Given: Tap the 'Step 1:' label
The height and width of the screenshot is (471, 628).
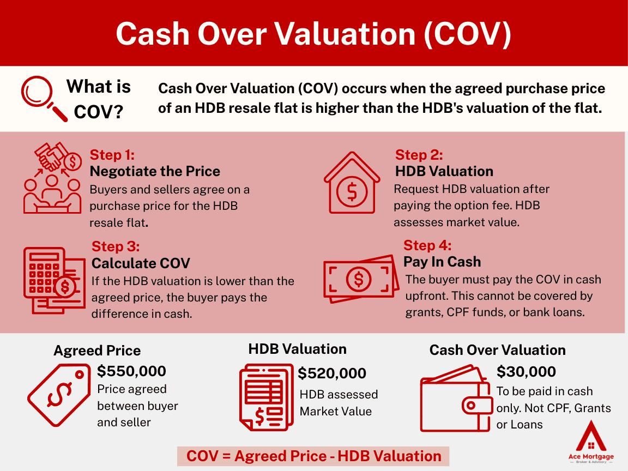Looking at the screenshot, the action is (x=112, y=155).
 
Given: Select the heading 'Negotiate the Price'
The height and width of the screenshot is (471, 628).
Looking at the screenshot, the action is (x=155, y=171).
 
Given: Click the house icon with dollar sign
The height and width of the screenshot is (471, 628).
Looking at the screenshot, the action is (x=352, y=183).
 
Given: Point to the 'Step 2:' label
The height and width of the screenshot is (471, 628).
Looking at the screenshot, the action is (x=419, y=155).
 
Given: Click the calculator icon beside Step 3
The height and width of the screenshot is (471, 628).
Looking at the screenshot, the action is (x=54, y=280).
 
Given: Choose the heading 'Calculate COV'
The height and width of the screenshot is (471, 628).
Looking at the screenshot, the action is (x=141, y=263).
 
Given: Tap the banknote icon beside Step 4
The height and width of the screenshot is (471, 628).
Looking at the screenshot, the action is (x=361, y=279).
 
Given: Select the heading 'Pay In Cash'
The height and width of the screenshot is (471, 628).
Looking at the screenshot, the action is (x=442, y=262).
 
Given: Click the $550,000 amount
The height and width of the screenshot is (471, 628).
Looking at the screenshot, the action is (x=131, y=371).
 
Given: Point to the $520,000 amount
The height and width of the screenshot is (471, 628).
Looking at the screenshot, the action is (x=331, y=373).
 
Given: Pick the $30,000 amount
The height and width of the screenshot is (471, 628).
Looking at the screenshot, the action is (x=526, y=372).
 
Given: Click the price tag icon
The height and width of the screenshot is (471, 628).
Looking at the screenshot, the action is (x=59, y=395).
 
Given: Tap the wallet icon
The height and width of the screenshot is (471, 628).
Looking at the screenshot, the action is (x=456, y=398).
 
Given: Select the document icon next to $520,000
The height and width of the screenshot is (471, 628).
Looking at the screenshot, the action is (x=267, y=397).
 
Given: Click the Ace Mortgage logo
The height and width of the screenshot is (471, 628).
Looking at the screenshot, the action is (x=591, y=442).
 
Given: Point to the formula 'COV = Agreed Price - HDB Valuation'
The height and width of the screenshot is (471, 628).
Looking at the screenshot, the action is (x=313, y=456).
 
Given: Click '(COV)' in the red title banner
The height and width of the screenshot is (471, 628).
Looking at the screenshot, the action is (x=467, y=34).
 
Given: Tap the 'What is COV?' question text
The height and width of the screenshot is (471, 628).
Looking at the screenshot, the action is (x=99, y=99).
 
